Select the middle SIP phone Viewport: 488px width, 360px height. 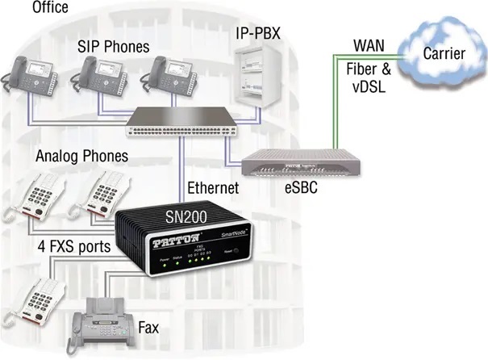point(97,74)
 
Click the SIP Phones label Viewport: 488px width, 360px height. point(114,45)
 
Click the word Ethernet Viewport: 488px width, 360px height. point(214,187)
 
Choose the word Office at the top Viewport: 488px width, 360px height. point(51,9)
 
